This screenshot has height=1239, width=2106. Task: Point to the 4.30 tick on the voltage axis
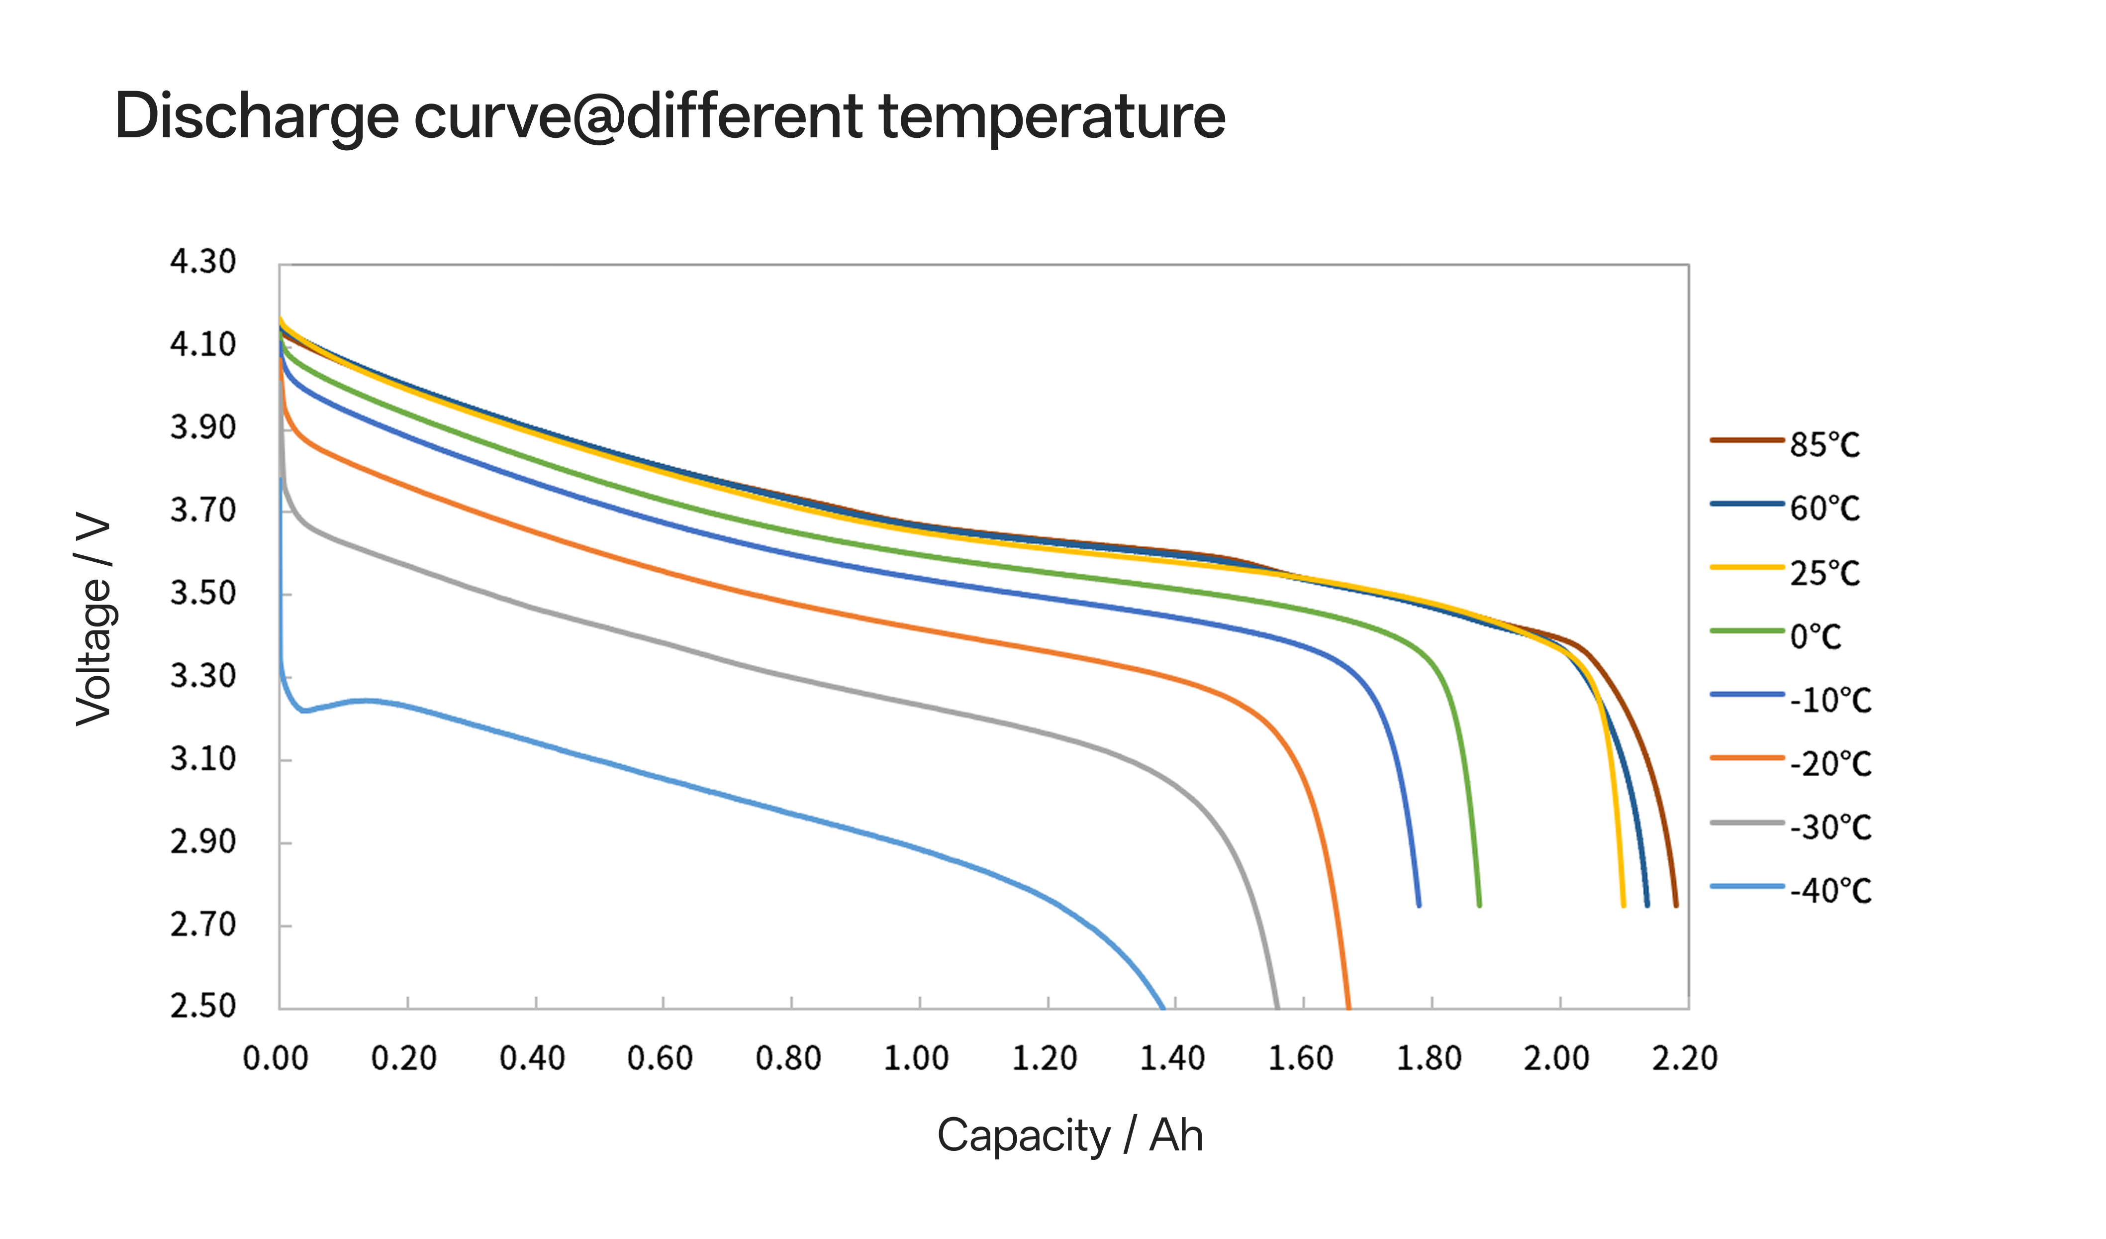pos(203,262)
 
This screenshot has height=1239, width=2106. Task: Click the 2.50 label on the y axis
pos(203,1005)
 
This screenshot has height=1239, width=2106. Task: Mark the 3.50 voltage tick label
pos(203,593)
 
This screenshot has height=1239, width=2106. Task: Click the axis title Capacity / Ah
pos(1070,1136)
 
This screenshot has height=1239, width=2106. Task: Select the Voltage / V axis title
pos(94,619)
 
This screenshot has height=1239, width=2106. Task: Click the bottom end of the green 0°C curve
pos(1479,905)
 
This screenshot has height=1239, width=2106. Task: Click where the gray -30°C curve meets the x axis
pos(1277,1007)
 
